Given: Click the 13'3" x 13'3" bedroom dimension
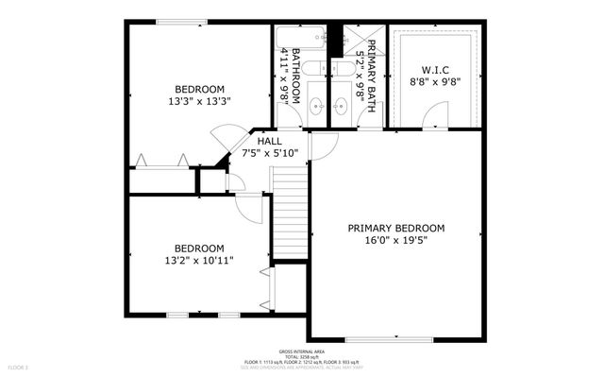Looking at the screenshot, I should pyautogui.click(x=200, y=101).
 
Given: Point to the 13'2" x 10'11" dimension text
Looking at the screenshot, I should pyautogui.click(x=198, y=260).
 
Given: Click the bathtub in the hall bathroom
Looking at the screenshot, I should pyautogui.click(x=300, y=37).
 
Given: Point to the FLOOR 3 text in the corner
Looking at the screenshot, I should pyautogui.click(x=19, y=366).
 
